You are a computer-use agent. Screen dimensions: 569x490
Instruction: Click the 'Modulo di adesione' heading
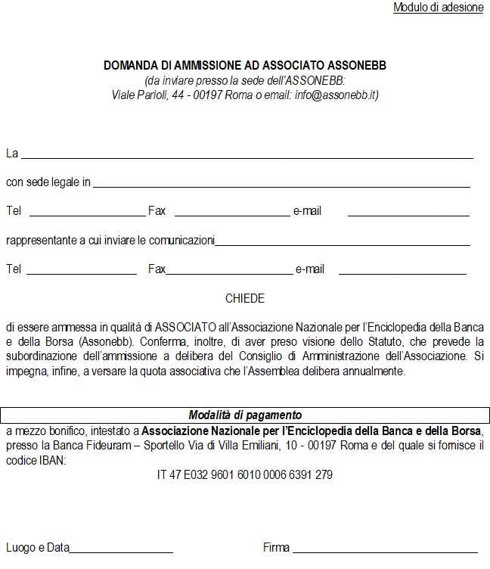pyautogui.click(x=438, y=8)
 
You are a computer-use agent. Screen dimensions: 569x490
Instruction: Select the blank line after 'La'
pyautogui.click(x=247, y=154)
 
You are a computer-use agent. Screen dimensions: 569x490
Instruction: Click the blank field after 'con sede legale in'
pyautogui.click(x=281, y=182)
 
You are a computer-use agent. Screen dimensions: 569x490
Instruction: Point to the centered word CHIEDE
pyautogui.click(x=245, y=299)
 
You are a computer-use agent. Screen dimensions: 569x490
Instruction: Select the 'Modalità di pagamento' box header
pyautogui.click(x=245, y=415)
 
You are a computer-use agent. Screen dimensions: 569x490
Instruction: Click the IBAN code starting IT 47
pyautogui.click(x=244, y=475)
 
